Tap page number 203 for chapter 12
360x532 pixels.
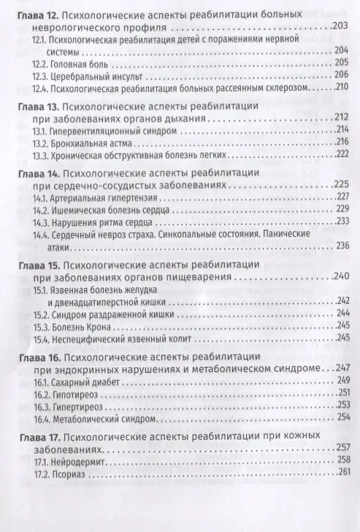[342, 27]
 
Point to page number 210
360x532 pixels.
[342, 88]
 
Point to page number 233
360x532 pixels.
[342, 220]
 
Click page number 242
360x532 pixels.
[342, 300]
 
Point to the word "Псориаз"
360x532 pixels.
[67, 471]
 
